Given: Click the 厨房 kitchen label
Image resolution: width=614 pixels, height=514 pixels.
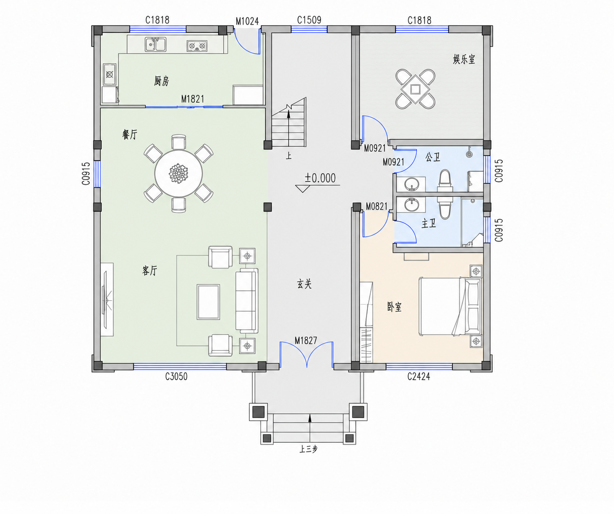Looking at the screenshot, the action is (x=161, y=81).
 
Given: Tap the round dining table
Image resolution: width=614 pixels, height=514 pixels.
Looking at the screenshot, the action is (x=178, y=174).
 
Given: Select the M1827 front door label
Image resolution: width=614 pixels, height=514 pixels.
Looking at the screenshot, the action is (x=306, y=340).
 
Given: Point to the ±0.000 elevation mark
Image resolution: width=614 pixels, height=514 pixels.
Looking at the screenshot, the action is (x=320, y=178).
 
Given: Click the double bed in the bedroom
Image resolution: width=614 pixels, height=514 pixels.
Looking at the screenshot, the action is (x=450, y=306).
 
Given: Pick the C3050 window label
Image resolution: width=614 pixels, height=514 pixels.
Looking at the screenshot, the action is (x=176, y=376).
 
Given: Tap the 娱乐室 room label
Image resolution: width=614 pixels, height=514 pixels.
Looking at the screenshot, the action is (x=464, y=59).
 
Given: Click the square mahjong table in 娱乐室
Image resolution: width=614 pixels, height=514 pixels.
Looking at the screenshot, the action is (x=415, y=89).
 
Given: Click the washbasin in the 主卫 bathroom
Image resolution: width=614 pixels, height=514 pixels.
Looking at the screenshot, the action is (x=412, y=205).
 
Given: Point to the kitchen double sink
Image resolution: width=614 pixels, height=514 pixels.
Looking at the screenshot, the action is (x=156, y=44).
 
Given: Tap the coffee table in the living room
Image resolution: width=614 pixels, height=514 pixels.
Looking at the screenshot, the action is (x=208, y=302).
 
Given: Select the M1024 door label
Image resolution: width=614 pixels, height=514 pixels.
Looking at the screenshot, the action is (x=247, y=21).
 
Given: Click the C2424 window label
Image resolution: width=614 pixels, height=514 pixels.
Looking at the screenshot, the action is (x=419, y=376).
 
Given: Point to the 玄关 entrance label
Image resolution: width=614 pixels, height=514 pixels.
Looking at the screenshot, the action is (x=304, y=284).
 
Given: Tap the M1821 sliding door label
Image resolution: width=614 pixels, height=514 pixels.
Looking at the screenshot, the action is (x=193, y=99).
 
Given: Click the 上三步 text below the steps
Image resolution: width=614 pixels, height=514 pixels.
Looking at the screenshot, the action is (x=308, y=457).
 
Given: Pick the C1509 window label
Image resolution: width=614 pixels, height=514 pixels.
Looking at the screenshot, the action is (x=309, y=20).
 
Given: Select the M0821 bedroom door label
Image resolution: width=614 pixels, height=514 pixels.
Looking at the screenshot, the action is (x=377, y=206).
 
